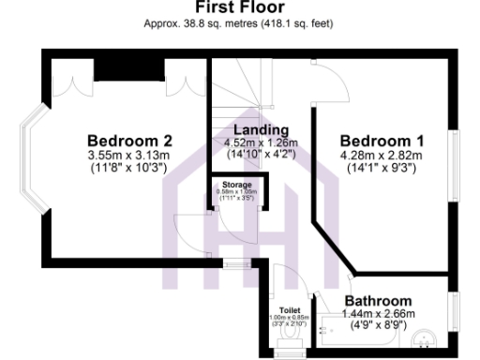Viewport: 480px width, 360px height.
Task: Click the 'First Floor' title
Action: pos(240,7)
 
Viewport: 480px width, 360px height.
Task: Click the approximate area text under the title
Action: pos(240,23)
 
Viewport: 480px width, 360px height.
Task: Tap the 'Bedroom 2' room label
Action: pos(124,142)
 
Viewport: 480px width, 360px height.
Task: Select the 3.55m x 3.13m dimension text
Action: pos(124,157)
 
